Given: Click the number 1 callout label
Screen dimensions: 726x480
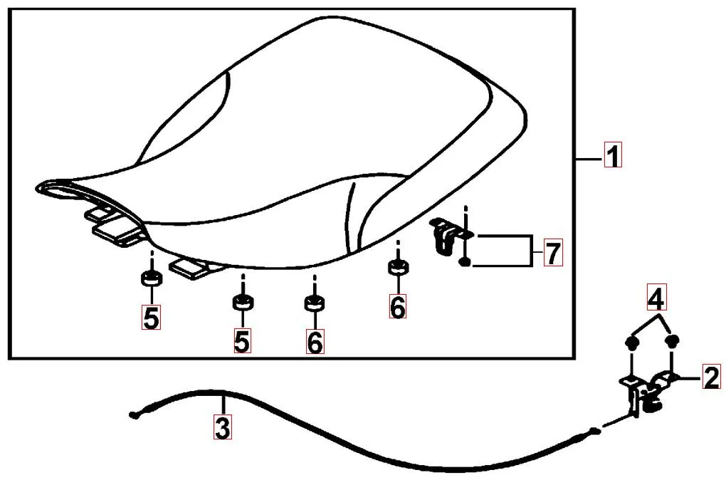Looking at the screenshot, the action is (x=613, y=155).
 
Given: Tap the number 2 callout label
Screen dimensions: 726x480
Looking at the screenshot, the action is (x=712, y=377).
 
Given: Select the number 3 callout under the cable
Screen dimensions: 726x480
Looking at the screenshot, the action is (x=223, y=427).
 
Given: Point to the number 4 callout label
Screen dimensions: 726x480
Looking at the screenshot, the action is (x=656, y=298).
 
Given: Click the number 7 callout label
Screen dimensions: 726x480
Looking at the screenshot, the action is (x=553, y=253).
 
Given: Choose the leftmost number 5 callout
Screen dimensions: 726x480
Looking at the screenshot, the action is (x=152, y=318).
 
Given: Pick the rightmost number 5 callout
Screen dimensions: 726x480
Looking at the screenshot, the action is (x=242, y=341).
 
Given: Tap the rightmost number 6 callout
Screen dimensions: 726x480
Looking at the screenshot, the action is (x=398, y=306).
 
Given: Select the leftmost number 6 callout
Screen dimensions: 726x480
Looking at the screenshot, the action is (x=315, y=342).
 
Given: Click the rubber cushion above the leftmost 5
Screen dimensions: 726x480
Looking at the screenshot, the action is (x=152, y=279).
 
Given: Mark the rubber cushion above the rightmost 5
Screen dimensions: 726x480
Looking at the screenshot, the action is (x=243, y=302).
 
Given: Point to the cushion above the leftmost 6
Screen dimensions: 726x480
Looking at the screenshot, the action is (x=315, y=303).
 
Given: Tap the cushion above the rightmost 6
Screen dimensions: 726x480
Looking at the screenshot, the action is (x=398, y=267).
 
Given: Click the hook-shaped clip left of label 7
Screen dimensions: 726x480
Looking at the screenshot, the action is (x=443, y=235).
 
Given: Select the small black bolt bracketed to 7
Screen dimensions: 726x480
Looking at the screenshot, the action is (x=465, y=262).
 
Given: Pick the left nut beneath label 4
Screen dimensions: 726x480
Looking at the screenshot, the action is (x=631, y=343).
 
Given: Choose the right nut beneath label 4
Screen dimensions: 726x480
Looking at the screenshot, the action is (x=672, y=342).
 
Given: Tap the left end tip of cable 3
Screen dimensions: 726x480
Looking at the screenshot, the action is (x=133, y=415).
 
